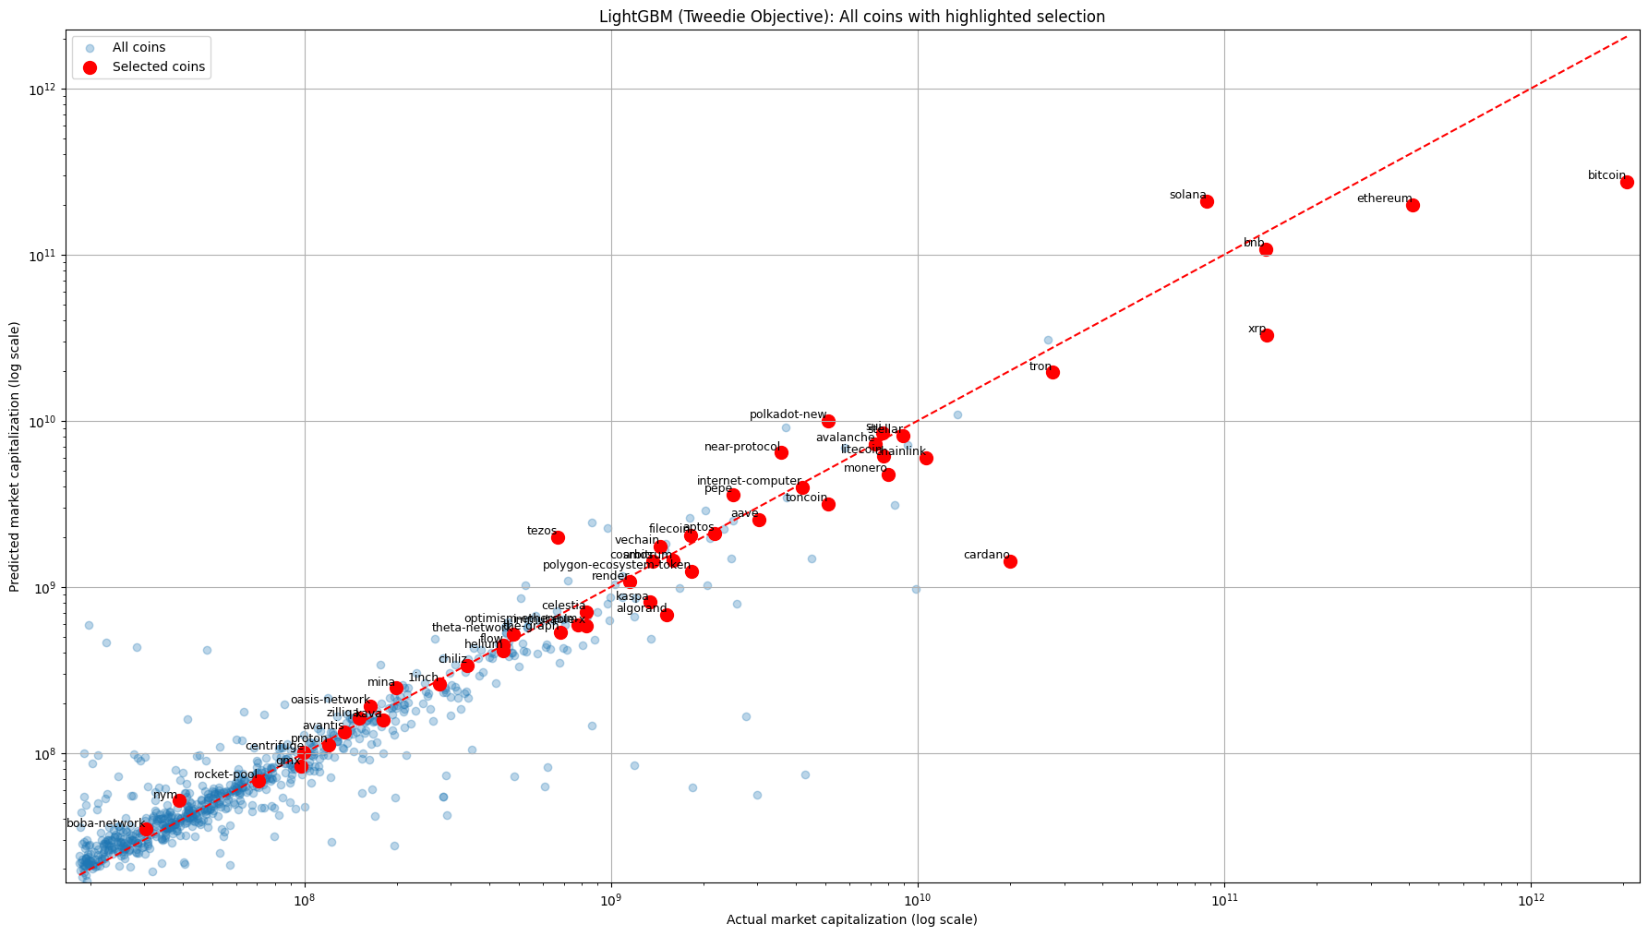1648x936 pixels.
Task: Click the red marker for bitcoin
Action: pyautogui.click(x=1627, y=183)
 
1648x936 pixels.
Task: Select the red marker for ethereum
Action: pyautogui.click(x=1413, y=205)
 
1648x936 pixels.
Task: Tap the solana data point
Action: pyautogui.click(x=1207, y=201)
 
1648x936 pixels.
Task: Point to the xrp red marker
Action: pyautogui.click(x=1267, y=335)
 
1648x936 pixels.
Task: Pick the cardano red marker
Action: pyautogui.click(x=1010, y=561)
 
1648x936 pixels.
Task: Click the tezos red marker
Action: pyautogui.click(x=558, y=537)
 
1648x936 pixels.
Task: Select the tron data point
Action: pyautogui.click(x=1053, y=372)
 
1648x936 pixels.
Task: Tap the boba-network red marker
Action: pyautogui.click(x=146, y=829)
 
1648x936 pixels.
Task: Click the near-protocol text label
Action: pyautogui.click(x=741, y=447)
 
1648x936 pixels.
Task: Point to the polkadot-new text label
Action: pyautogui.click(x=788, y=414)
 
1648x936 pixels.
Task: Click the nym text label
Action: pyautogui.click(x=164, y=795)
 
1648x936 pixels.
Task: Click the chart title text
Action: pyautogui.click(x=851, y=17)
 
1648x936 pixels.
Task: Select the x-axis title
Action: pyautogui.click(x=851, y=919)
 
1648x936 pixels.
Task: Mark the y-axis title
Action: pyautogui.click(x=15, y=457)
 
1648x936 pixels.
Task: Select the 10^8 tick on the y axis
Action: pyautogui.click(x=42, y=754)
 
